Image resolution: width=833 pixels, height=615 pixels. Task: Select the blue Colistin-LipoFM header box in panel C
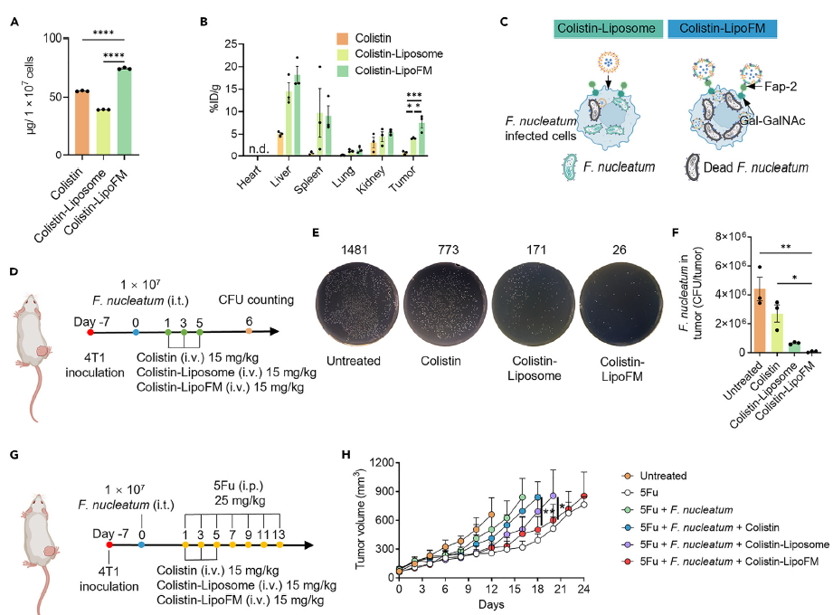(722, 29)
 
